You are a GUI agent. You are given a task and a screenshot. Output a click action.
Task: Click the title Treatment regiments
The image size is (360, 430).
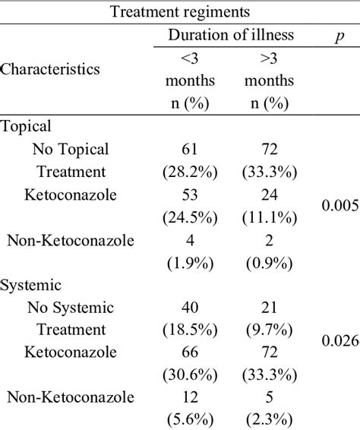click(179, 11)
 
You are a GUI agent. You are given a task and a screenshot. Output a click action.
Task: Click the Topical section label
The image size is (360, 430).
click(27, 128)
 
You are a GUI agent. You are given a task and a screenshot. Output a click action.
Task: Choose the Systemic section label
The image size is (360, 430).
click(30, 286)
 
